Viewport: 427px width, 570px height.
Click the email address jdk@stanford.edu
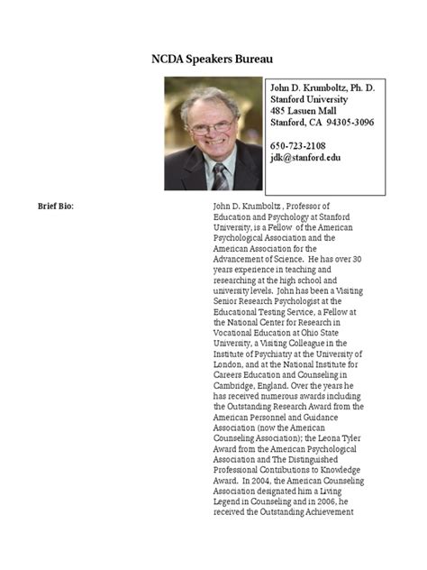pos(305,157)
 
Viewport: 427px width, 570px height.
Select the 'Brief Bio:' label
pos(55,206)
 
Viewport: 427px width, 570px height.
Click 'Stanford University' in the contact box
pos(313,98)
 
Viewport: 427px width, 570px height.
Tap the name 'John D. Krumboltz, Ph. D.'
pos(323,87)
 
